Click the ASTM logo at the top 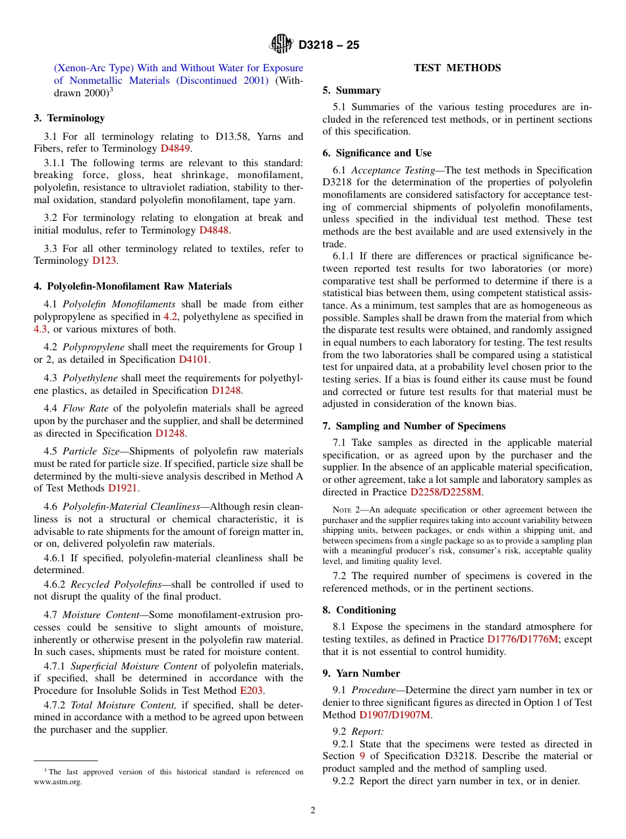tap(282, 45)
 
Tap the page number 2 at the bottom tap(313, 811)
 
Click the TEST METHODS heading tap(457, 68)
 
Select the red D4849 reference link tap(175, 148)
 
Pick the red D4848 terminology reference tap(214, 230)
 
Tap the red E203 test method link tap(251, 691)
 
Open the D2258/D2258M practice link tap(446, 492)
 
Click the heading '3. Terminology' tap(69, 118)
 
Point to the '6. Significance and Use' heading tap(377, 153)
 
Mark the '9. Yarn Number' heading tap(361, 673)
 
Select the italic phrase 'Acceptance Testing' tap(397, 170)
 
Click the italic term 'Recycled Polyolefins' tap(119, 584)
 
